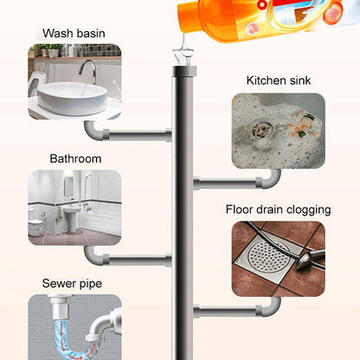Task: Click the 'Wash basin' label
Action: coord(74,34)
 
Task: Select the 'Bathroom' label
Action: coord(75,159)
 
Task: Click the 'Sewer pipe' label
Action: coord(74,283)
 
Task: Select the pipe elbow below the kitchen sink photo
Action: coord(272,178)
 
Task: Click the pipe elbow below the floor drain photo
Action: coord(272,305)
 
